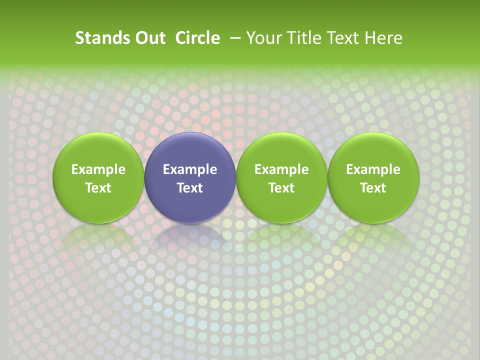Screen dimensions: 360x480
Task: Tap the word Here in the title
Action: (x=382, y=38)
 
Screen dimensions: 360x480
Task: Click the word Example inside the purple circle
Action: (x=190, y=169)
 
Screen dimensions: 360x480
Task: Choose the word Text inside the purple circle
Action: (x=190, y=188)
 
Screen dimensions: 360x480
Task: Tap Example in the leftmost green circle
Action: (x=98, y=169)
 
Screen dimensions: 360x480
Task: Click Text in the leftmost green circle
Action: (x=98, y=188)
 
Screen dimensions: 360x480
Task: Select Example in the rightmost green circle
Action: (x=373, y=169)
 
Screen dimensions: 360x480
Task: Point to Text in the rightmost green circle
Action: (x=373, y=188)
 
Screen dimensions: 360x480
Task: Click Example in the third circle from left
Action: (x=281, y=169)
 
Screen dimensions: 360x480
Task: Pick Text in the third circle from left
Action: (x=281, y=188)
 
